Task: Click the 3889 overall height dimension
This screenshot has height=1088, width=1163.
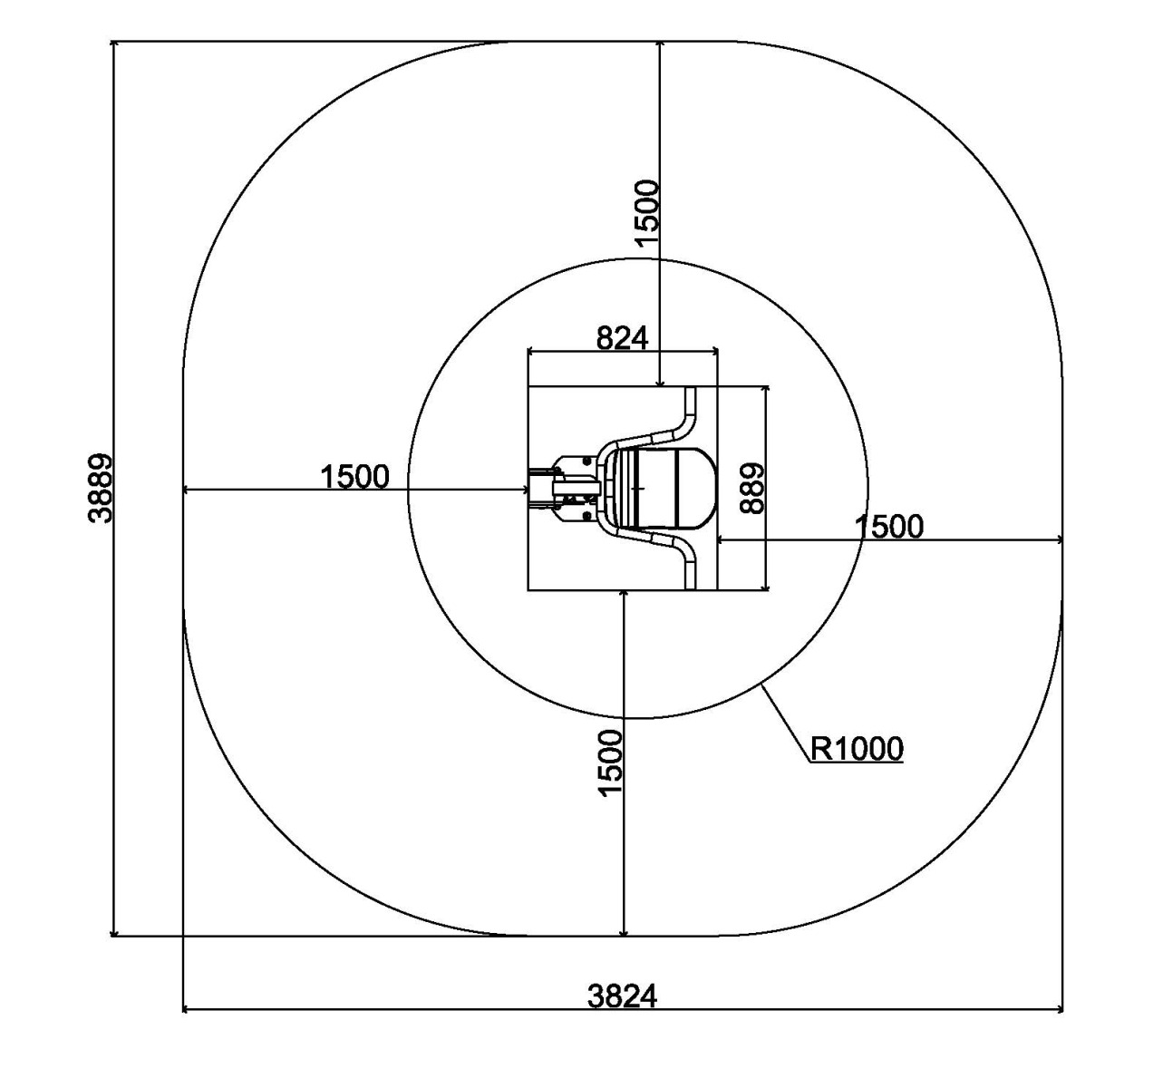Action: pos(100,488)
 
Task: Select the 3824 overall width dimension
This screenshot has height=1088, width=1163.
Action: pos(622,996)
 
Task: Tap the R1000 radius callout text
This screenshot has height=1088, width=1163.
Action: pos(857,749)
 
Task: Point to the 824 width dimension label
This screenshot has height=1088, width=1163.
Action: pos(623,338)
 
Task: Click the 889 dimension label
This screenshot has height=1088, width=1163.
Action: pos(752,488)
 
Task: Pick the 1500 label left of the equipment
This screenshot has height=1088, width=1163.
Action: pos(354,476)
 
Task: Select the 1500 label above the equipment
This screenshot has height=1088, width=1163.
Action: pos(647,213)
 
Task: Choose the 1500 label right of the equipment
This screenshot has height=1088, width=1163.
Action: pos(889,526)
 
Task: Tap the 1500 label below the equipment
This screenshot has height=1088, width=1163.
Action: pos(611,763)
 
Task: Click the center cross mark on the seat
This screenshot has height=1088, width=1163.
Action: pos(639,488)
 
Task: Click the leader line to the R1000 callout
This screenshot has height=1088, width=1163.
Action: pos(786,723)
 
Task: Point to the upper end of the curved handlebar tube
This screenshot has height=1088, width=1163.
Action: pos(692,388)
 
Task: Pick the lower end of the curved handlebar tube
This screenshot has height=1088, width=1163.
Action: pos(692,588)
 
